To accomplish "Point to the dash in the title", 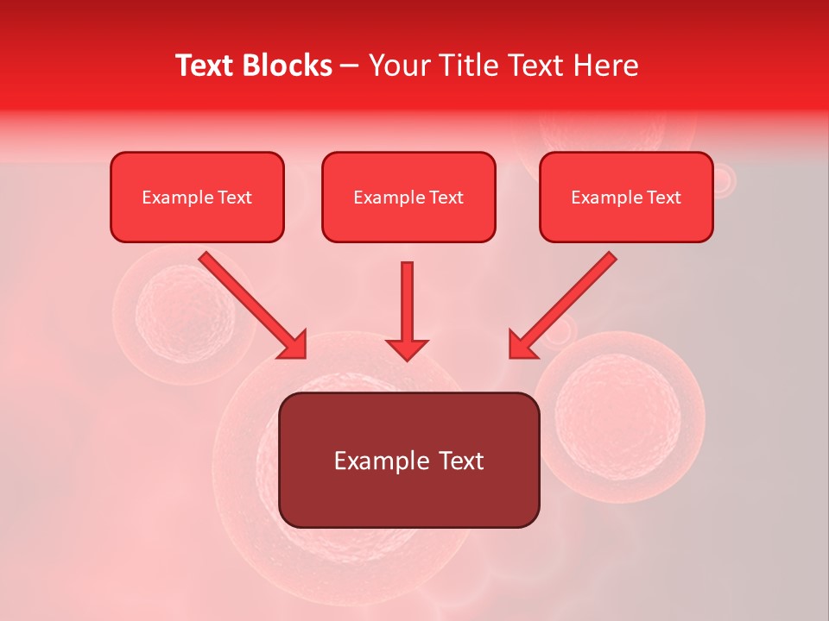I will coord(350,66).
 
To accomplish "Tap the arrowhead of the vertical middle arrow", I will coord(407,348).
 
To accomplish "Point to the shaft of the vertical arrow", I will coord(407,298).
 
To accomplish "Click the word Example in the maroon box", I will coord(382,461).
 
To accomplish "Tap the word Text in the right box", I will coord(664,198).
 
